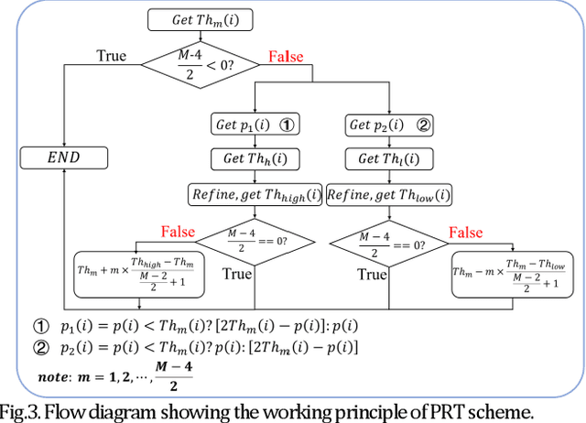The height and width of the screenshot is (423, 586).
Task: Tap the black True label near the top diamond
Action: (112, 56)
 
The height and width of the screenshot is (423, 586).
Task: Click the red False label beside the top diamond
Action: (286, 57)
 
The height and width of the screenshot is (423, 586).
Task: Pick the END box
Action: (63, 157)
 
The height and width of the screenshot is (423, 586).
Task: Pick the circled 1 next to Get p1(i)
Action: (285, 125)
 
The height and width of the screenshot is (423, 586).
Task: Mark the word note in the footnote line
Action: (57, 376)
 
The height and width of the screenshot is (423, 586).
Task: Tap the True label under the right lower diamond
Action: (373, 275)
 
